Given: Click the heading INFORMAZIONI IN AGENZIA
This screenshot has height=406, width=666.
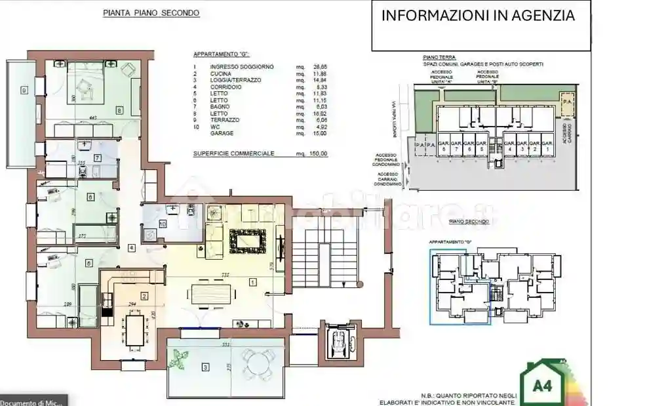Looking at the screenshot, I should coord(479,16).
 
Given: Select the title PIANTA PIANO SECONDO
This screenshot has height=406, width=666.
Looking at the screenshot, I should coord(151,13).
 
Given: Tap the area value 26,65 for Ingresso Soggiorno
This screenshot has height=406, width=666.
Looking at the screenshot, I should coord(319,67).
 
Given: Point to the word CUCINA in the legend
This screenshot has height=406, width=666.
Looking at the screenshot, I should coord(221,73).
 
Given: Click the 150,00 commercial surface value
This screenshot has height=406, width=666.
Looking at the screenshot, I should coord(318,153).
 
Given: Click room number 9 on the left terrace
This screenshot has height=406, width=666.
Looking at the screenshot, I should coord(24,89).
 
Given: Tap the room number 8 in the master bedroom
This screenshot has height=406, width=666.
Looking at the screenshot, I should coord(119,111).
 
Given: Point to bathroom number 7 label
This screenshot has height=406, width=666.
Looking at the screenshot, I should coord(97,157).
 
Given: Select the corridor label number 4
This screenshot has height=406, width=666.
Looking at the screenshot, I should coord(132,247).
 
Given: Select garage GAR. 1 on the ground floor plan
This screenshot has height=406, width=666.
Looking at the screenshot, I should coord(548,146).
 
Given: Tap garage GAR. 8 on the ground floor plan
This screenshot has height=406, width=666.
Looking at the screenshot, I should coord(443,146).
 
